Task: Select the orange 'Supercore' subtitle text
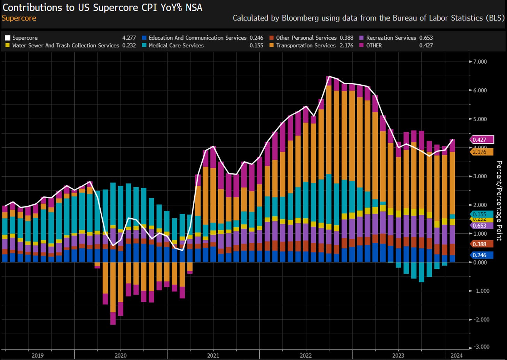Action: (x=19, y=18)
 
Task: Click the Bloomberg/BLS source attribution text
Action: (x=368, y=18)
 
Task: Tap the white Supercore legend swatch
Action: (x=8, y=38)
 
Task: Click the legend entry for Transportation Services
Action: (x=305, y=46)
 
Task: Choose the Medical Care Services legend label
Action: (x=176, y=46)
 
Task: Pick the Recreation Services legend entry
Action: (x=391, y=38)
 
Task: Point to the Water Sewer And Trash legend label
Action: (x=65, y=46)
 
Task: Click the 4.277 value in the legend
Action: (x=129, y=38)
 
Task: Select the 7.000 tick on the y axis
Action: (x=479, y=62)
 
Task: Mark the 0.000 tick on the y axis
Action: (x=480, y=262)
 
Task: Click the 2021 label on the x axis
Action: (x=213, y=355)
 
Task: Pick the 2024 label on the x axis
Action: (x=457, y=355)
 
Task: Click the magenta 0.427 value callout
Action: (x=482, y=140)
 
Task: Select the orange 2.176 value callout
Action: (x=482, y=152)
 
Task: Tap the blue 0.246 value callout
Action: (x=482, y=255)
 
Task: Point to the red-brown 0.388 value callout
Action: (x=482, y=244)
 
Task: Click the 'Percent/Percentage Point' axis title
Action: (x=499, y=201)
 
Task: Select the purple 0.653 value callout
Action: (x=482, y=226)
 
